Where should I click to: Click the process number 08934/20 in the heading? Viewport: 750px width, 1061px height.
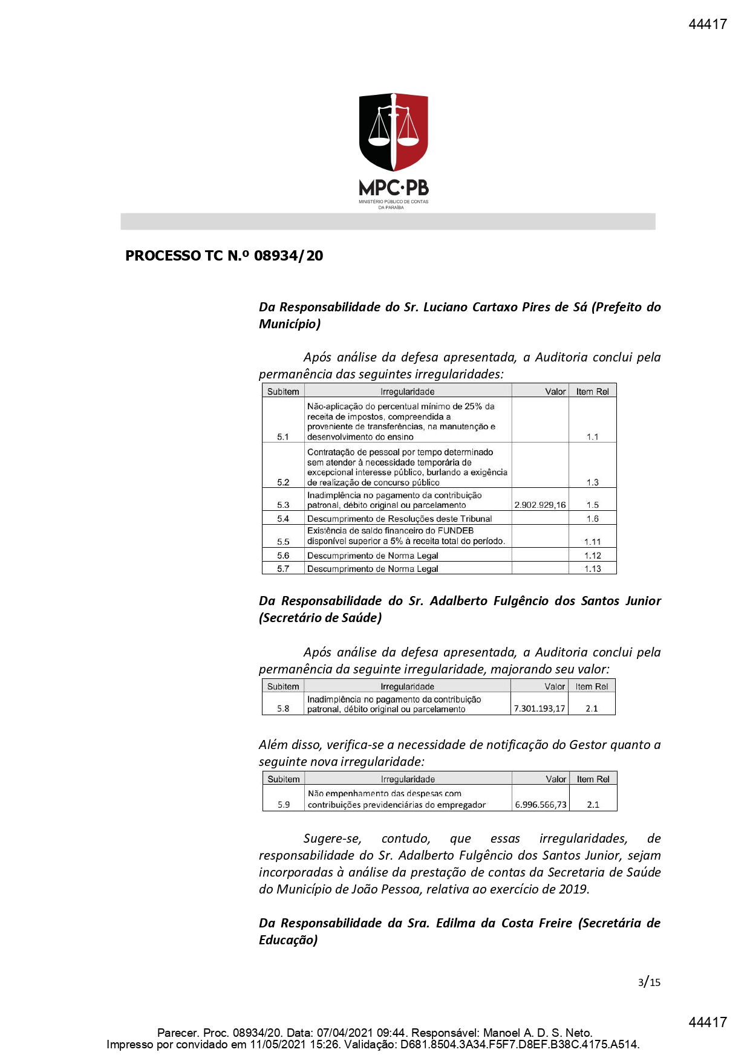point(289,256)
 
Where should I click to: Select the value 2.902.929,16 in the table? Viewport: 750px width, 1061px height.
point(540,505)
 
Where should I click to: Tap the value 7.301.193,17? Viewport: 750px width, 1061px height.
point(540,709)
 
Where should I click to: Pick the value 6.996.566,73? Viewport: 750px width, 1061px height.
point(541,805)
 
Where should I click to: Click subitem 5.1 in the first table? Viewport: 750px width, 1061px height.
point(283,436)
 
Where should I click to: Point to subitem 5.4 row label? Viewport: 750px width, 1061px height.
point(283,519)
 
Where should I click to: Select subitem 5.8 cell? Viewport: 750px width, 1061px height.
point(283,709)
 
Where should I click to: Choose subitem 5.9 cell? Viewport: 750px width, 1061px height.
point(284,805)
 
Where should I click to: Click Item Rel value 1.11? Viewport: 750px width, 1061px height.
point(593,542)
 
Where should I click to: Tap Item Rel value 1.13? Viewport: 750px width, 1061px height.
point(593,569)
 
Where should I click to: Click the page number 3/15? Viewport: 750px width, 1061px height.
point(649,982)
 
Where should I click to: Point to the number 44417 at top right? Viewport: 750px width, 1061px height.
point(708,24)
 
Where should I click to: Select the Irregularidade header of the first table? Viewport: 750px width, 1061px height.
point(408,392)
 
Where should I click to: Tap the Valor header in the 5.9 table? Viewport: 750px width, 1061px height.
point(556,779)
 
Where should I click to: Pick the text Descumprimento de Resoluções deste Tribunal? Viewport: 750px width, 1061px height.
point(399,519)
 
